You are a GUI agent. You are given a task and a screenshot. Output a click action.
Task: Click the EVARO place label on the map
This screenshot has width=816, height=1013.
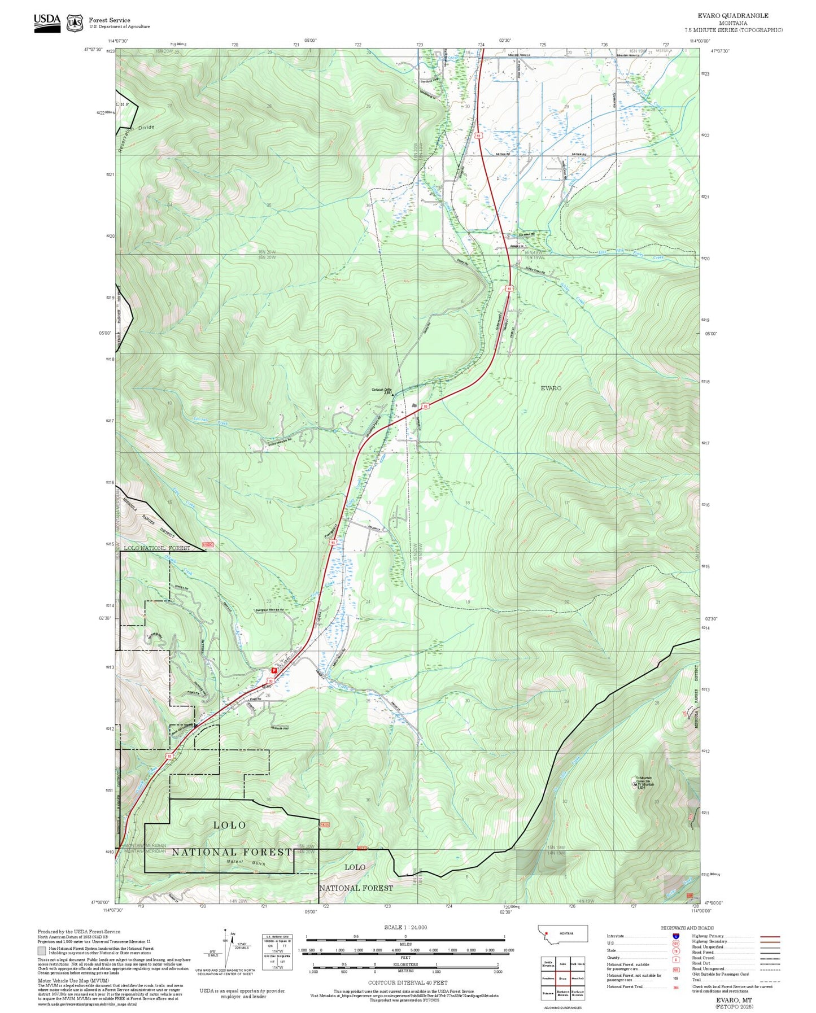[x=551, y=388]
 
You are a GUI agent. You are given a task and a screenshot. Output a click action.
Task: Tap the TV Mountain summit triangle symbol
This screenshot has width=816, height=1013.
[x=635, y=784]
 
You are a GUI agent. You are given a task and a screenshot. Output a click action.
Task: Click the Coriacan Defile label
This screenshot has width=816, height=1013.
[x=381, y=390]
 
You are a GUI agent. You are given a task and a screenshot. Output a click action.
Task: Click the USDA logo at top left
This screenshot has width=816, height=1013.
[x=47, y=21]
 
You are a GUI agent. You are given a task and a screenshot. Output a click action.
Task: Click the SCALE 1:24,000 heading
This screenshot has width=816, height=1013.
[x=405, y=927]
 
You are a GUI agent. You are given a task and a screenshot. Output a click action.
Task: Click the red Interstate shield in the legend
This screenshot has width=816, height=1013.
[x=675, y=936]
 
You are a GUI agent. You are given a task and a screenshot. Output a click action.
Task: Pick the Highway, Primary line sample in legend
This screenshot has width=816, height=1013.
[x=770, y=936]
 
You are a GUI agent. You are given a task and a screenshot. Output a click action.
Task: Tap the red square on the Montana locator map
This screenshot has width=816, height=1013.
[x=547, y=933]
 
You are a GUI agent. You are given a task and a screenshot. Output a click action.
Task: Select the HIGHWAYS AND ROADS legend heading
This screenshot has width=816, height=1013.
[x=687, y=928]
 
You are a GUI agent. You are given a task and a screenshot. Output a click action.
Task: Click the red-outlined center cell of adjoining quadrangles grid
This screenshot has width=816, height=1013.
[x=562, y=978]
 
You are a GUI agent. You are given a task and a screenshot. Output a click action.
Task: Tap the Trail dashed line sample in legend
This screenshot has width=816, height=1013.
[x=770, y=981]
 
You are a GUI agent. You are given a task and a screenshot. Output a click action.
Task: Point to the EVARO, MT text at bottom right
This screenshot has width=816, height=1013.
[x=734, y=999]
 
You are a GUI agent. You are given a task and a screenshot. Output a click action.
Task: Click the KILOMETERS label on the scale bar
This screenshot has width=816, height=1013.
[x=405, y=964]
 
